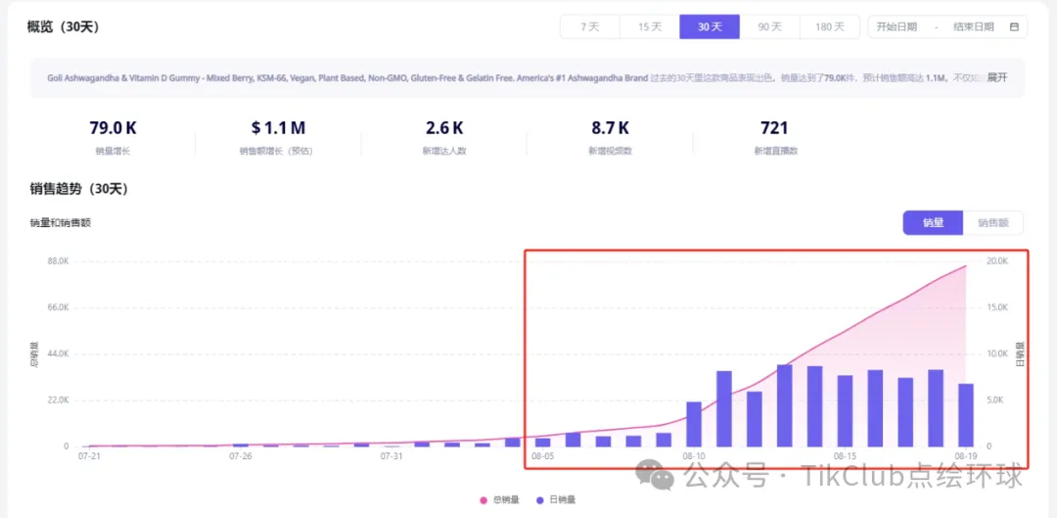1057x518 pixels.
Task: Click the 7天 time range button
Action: tap(589, 26)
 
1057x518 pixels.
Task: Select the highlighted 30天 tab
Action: tap(710, 26)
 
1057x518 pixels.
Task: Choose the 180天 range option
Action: tap(829, 26)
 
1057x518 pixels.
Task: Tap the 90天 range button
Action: tap(769, 26)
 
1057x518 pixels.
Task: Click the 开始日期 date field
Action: tap(896, 26)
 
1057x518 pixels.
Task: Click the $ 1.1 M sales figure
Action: tap(277, 127)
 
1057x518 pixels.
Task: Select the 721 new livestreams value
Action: tap(773, 127)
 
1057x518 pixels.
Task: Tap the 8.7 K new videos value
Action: tap(609, 127)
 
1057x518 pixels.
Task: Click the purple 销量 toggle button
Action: tap(933, 223)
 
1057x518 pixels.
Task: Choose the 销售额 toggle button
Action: tap(992, 223)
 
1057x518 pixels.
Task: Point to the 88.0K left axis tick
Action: tap(52, 261)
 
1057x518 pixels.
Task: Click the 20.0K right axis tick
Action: tap(996, 261)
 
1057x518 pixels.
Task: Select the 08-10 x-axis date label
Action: tap(694, 456)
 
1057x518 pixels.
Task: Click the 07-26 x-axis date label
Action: tap(241, 456)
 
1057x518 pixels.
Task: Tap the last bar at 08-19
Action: tap(965, 414)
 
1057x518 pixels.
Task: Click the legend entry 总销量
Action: tap(500, 499)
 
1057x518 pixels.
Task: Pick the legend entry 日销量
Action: tap(558, 499)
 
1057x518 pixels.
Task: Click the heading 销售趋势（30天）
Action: tap(79, 189)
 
